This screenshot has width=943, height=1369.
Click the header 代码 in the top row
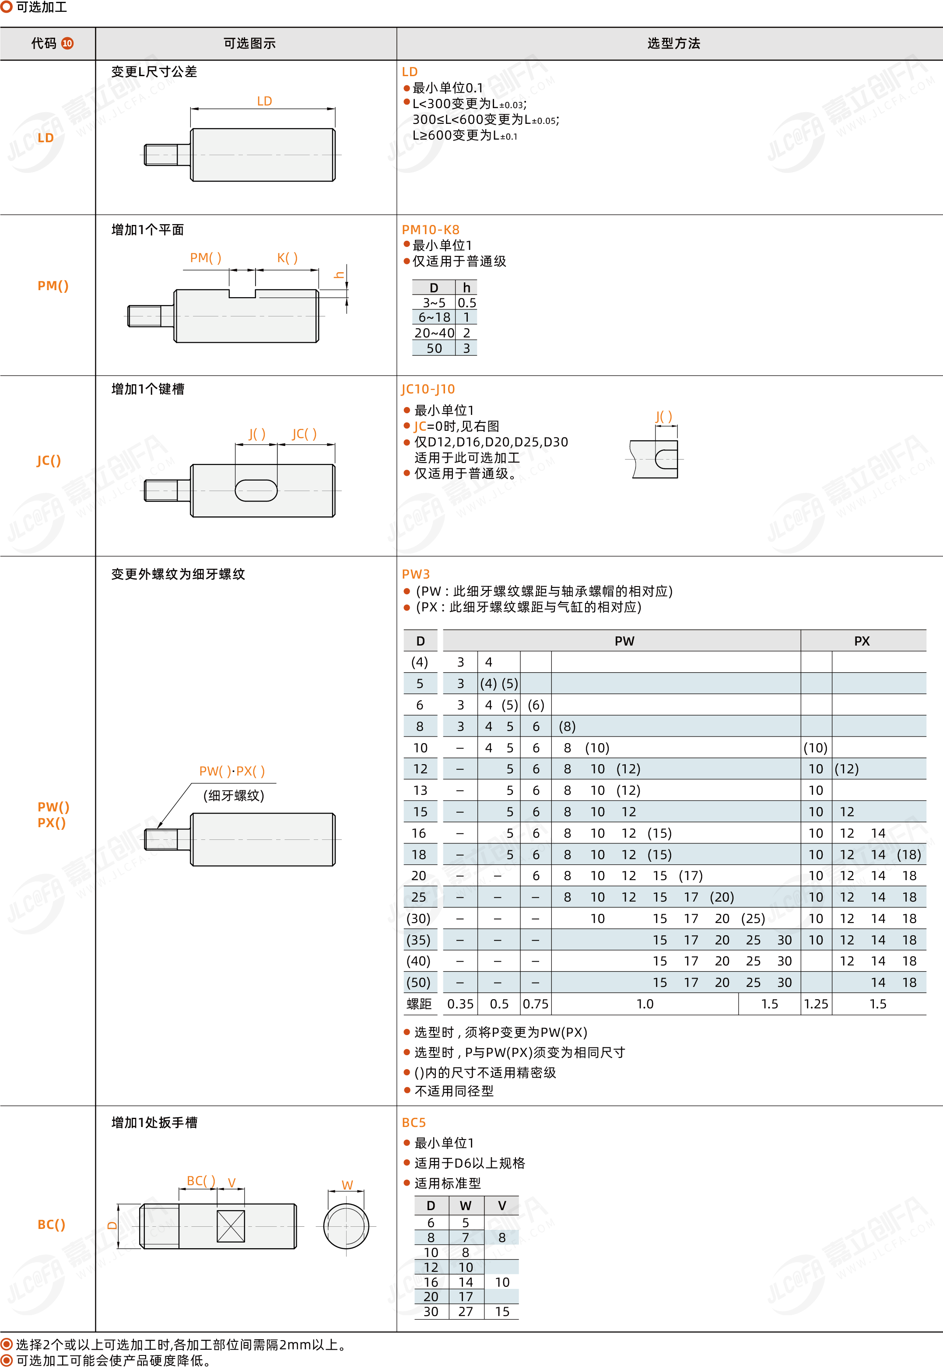(x=44, y=43)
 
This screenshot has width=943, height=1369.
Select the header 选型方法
(x=673, y=43)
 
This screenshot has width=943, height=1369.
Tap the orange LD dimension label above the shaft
(x=264, y=101)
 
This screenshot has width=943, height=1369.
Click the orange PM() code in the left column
(x=53, y=286)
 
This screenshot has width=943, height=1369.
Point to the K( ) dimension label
(x=287, y=258)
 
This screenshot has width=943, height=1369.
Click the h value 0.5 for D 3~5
(x=467, y=302)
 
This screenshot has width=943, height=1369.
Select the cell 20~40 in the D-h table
(x=434, y=333)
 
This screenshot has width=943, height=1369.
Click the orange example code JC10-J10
(x=428, y=389)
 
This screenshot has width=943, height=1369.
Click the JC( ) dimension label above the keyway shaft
(x=304, y=434)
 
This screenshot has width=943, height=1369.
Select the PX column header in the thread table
(x=862, y=641)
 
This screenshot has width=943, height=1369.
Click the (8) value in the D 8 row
(x=567, y=726)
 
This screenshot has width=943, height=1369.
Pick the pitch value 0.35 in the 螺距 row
(x=460, y=1004)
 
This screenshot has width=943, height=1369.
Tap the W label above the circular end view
(x=347, y=1185)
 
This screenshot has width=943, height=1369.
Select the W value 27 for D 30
(x=466, y=1312)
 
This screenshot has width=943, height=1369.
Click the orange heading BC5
(x=414, y=1123)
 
